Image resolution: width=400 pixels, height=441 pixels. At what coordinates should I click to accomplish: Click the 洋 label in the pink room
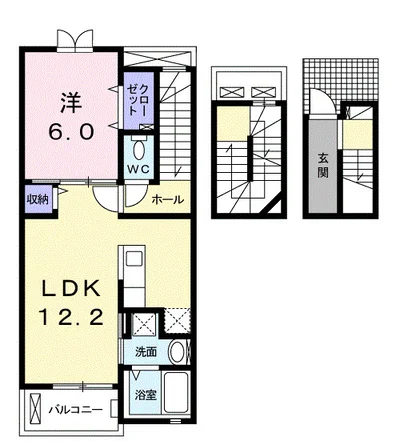point(71,103)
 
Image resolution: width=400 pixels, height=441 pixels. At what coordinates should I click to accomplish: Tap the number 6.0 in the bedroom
point(71,131)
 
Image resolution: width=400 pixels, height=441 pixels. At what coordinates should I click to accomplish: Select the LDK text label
point(71,288)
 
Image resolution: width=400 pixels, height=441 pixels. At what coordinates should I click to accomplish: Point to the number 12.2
point(71,317)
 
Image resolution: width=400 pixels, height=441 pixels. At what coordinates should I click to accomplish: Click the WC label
point(139,169)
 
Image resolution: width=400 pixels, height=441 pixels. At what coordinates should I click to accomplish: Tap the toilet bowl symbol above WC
point(139,150)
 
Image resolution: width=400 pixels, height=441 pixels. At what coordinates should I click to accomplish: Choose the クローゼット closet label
point(138,100)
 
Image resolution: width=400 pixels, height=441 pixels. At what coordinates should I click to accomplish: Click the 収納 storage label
point(38,199)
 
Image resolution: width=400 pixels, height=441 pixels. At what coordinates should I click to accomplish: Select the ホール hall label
point(168,200)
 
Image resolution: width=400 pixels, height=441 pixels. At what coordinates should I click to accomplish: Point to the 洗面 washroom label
point(146,352)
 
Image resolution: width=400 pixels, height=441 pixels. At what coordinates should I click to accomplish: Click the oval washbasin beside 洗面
point(178,352)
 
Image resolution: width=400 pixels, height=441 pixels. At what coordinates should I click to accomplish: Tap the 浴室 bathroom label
point(146,395)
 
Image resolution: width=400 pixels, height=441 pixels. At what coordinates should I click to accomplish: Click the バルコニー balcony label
point(76,409)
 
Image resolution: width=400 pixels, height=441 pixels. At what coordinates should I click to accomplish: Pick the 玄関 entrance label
point(322,164)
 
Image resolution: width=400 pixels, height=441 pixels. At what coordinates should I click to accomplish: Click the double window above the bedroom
point(75,40)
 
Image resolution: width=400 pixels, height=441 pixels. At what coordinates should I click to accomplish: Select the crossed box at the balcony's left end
point(34,408)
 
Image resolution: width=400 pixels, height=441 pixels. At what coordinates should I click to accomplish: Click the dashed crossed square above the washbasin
point(178,320)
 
